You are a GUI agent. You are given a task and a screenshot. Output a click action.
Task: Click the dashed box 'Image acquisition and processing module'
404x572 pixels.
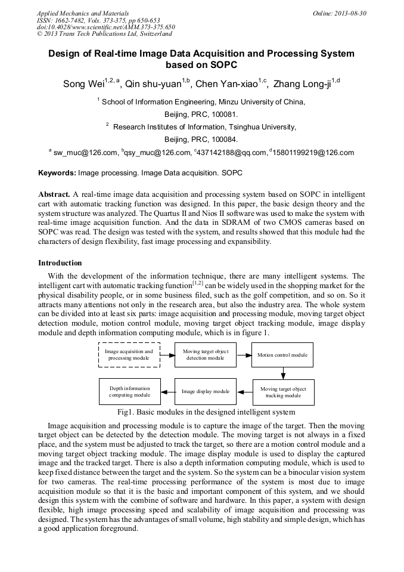[129, 355]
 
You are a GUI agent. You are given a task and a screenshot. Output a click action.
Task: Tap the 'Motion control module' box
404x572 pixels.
[282, 355]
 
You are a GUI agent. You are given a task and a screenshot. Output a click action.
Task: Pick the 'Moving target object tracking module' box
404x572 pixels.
[283, 392]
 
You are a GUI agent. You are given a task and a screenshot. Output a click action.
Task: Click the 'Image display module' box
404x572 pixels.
[206, 392]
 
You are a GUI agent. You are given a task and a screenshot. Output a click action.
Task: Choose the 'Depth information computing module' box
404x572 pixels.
[129, 391]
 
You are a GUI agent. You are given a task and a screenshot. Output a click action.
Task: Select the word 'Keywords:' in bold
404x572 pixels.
[57, 173]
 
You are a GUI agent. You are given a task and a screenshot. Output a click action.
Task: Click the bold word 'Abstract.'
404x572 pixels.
[54, 194]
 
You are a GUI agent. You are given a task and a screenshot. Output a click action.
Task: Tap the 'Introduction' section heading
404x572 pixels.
[60, 263]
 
